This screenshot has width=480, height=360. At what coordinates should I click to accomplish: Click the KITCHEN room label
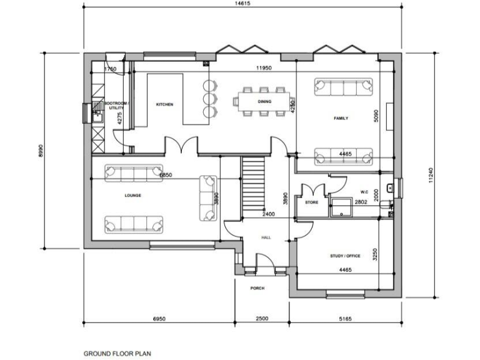coord(164,104)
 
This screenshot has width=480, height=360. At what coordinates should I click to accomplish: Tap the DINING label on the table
coord(264,101)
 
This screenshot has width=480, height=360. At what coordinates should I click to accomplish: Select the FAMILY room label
coord(341,118)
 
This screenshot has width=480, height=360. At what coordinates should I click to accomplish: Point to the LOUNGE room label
coord(132,196)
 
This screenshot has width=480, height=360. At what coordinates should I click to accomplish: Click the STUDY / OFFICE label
coord(345,256)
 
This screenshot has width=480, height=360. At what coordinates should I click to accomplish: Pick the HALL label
coord(266,237)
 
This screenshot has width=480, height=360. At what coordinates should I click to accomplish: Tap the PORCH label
coord(257,288)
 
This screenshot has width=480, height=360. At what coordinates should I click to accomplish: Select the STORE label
coord(312,202)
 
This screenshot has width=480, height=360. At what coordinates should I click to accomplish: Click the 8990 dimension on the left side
coord(41,150)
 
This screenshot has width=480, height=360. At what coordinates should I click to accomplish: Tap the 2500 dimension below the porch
coord(262,319)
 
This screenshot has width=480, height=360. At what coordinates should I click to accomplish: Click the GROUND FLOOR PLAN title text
coord(117,353)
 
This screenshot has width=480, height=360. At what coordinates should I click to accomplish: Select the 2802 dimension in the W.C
coord(361,202)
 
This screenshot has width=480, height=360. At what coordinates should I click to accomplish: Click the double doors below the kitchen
coord(182,146)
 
